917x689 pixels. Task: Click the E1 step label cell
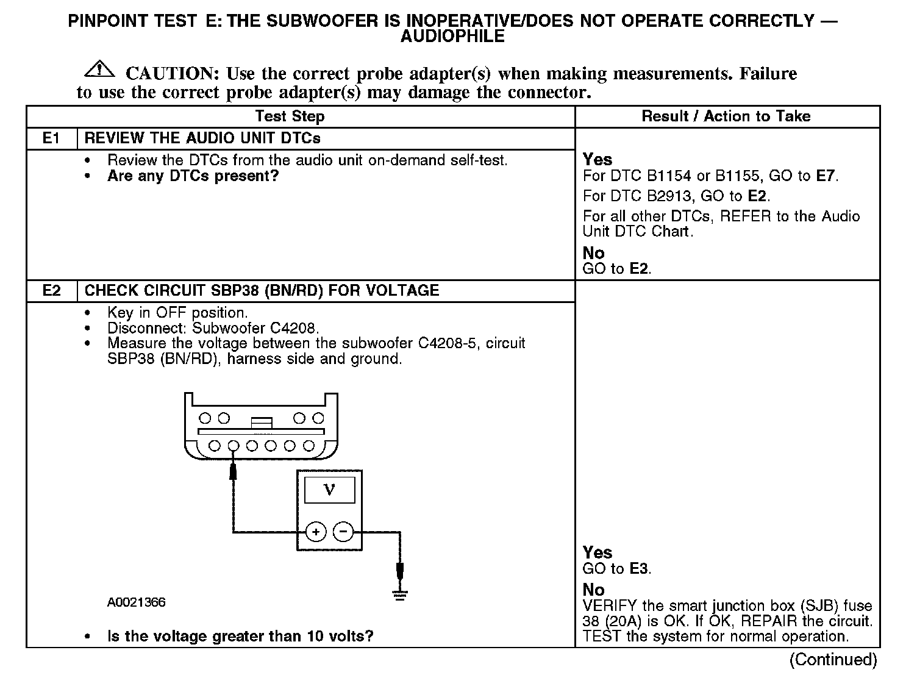pos(52,138)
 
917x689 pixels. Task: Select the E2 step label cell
pos(52,290)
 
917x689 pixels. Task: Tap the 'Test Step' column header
pos(290,116)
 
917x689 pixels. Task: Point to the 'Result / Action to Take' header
pos(726,116)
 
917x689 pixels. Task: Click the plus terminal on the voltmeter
pos(316,532)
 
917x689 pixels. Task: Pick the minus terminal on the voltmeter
pos(343,532)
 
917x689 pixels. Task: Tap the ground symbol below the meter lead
pos(400,594)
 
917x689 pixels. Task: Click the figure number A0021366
pos(137,602)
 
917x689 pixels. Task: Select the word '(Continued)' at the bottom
pos(833,660)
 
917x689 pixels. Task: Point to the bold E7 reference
pos(825,176)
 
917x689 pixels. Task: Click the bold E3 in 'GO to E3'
pos(638,569)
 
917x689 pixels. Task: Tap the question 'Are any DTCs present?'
pos(193,176)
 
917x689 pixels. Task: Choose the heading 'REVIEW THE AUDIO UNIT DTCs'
pos(202,138)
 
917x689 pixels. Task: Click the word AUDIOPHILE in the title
pos(452,37)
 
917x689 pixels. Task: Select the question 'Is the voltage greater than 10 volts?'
pos(240,637)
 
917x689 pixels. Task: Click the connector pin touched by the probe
pos(233,446)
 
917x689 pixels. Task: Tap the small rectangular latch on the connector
pos(262,422)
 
